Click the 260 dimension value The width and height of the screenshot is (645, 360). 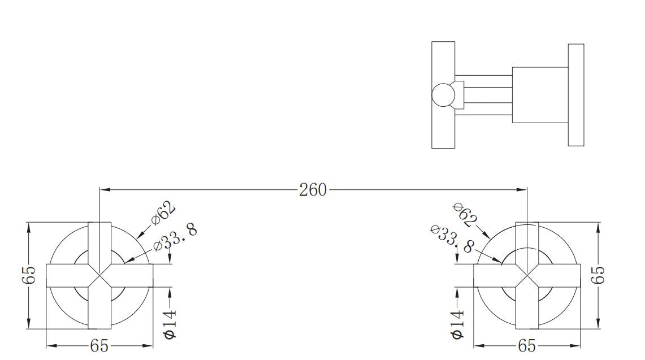click(x=313, y=190)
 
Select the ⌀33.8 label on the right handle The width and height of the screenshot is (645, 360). click(x=452, y=238)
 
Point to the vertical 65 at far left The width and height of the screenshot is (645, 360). click(x=29, y=275)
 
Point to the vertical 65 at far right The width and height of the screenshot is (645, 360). click(x=598, y=275)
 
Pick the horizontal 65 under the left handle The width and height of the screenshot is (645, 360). click(x=99, y=346)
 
